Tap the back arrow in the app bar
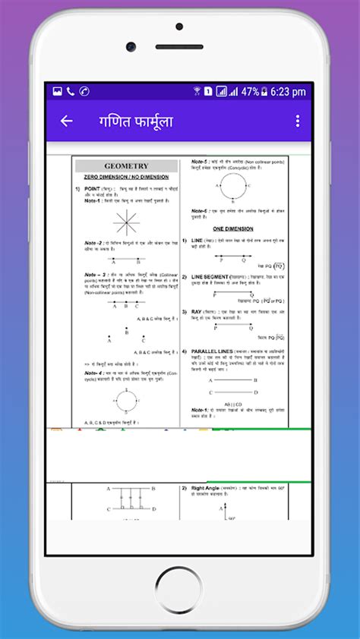point(66,121)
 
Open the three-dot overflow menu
point(298,121)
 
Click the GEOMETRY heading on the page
point(126,166)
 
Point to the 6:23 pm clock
point(288,92)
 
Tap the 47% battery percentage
point(251,92)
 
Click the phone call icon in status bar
point(71,92)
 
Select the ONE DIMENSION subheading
point(233,228)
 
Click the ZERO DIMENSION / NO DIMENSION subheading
point(126,176)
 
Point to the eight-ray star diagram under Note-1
point(126,222)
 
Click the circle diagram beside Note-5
point(234,184)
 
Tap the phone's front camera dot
point(131,47)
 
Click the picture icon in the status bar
point(57,92)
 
